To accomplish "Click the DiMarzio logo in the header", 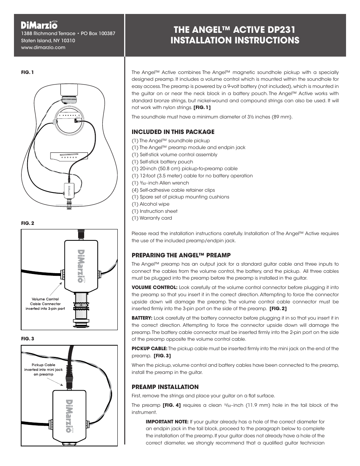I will pos(39,25).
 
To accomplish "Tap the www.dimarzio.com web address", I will pos(43,48).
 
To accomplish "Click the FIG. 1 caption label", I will pos(28,72).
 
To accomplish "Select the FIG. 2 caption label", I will pos(28,223).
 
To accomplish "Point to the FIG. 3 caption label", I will pos(28,338).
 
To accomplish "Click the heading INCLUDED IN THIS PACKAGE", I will pos(173,132).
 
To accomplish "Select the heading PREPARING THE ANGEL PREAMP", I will pos(181,255).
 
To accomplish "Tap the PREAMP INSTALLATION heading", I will pos(165,387).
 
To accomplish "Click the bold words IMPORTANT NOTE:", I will pos(167,421).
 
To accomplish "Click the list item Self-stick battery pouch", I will pos(162,161).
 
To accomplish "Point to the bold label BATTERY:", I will pos(142,318).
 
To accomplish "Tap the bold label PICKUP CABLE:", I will pos(149,349).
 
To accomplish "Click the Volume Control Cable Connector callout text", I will pos(45,304).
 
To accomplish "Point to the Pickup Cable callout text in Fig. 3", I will pos(43,370).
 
